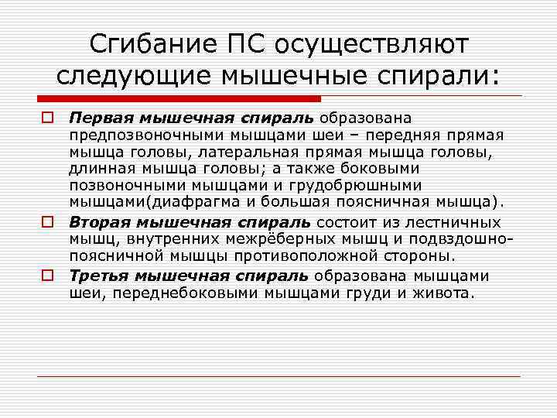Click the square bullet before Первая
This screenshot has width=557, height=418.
pyautogui.click(x=46, y=118)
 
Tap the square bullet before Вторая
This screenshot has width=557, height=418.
pyautogui.click(x=46, y=221)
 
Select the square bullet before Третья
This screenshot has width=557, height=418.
pyautogui.click(x=46, y=275)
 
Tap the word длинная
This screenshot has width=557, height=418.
pyautogui.click(x=101, y=170)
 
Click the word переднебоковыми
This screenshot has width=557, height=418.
pyautogui.click(x=173, y=293)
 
